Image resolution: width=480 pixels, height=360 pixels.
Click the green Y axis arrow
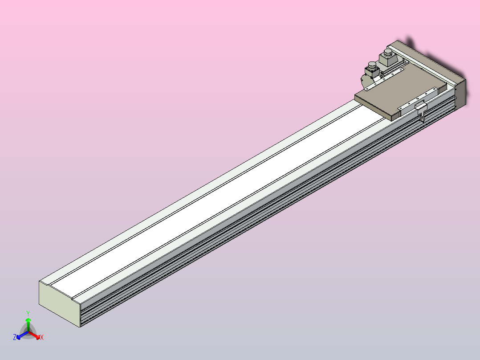click(x=28, y=323)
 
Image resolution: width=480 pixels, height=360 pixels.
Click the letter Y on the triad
click(x=28, y=313)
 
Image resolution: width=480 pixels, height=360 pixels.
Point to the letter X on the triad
click(x=41, y=338)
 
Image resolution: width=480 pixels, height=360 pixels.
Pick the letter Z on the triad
click(x=15, y=338)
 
